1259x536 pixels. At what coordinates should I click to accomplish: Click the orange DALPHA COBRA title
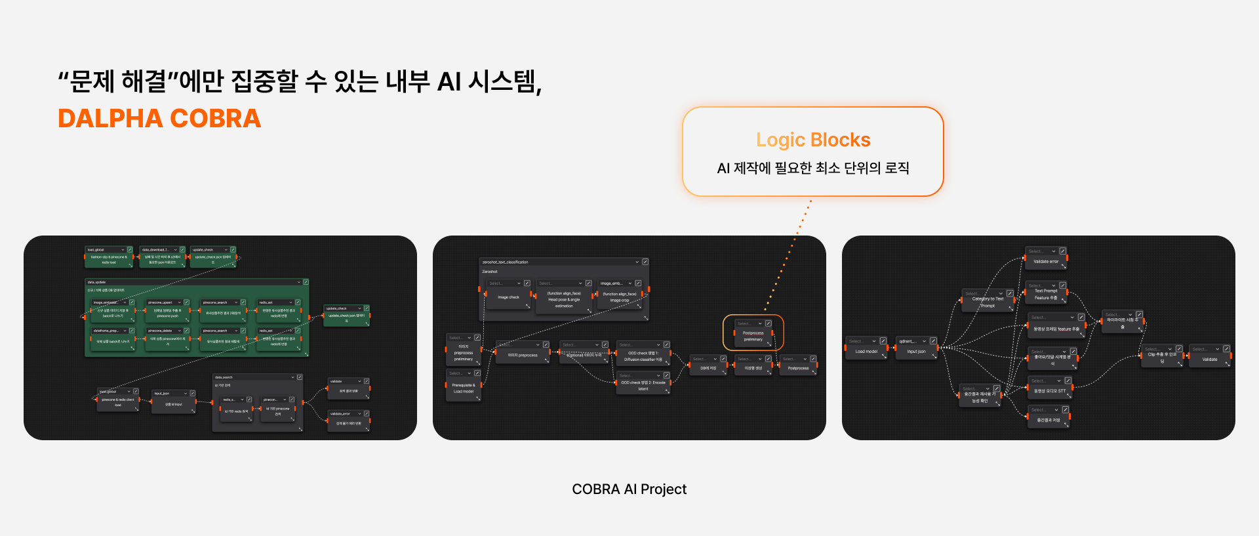[x=159, y=119]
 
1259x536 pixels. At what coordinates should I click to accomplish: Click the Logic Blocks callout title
[x=812, y=140]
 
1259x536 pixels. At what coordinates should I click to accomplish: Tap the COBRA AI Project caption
[x=629, y=489]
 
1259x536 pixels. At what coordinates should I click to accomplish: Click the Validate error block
[x=1045, y=261]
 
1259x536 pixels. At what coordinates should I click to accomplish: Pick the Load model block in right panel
[x=866, y=351]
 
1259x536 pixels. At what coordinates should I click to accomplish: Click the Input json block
[x=916, y=351]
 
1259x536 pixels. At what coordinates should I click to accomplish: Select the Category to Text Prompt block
[x=988, y=302]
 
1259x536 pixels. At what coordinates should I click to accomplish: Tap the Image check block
[x=508, y=297]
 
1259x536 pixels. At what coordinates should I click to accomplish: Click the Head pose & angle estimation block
[x=563, y=300]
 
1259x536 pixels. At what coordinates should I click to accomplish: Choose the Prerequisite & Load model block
[x=463, y=388]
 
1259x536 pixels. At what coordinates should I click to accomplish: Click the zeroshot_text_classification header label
[x=505, y=262]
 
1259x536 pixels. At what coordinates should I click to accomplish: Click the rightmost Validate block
[x=1209, y=359]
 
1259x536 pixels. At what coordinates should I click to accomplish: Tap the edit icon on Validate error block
[x=1063, y=251]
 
